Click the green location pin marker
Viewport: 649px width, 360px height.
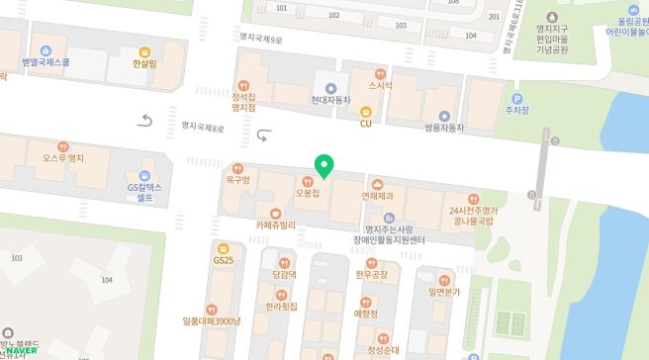(323, 165)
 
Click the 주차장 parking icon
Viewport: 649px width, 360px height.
(514, 97)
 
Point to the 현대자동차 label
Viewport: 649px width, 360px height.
(330, 101)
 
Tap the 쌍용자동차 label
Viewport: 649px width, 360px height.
(444, 129)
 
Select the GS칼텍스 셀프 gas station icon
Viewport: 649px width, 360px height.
(144, 176)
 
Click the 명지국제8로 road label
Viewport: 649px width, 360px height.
(203, 128)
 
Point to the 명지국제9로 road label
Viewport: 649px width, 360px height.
(260, 39)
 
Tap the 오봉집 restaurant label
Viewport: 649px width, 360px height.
(308, 193)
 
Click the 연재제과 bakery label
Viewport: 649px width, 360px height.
(377, 196)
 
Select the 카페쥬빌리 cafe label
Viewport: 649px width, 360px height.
(275, 225)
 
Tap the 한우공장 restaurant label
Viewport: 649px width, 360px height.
(371, 275)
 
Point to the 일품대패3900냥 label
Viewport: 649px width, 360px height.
(212, 320)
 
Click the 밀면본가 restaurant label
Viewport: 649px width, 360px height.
(444, 292)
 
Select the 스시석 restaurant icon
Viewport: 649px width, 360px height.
(380, 73)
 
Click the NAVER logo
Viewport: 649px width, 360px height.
(19, 352)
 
